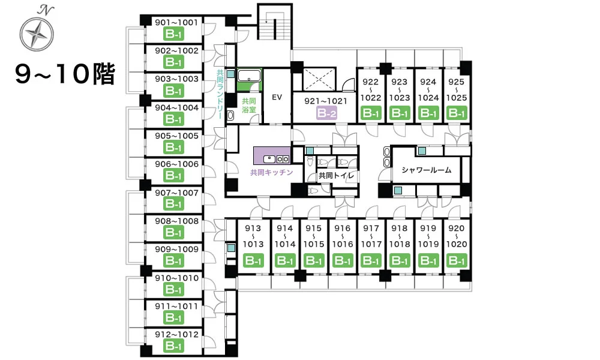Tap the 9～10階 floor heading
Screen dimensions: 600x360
coord(65,74)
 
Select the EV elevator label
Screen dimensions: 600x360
coord(277,97)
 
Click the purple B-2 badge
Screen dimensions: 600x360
coord(326,113)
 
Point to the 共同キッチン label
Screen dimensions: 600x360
coord(271,173)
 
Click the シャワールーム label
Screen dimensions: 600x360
coord(426,170)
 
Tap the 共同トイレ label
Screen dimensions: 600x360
coord(337,176)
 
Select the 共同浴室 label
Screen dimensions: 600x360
coord(249,106)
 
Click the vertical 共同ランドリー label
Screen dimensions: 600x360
coord(220,94)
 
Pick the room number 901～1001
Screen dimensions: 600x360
coord(176,23)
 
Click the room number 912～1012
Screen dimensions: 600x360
coord(176,334)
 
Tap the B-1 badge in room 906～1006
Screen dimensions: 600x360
coord(174,176)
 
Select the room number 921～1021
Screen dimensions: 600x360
coord(326,101)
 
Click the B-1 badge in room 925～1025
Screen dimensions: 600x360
coord(457,113)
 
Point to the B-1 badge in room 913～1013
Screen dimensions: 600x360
coord(253,260)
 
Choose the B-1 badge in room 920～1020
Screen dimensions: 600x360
coord(457,260)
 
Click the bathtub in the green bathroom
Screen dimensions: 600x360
coord(249,76)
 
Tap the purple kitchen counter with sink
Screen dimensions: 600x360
coord(272,156)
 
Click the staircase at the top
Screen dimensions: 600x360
coord(274,26)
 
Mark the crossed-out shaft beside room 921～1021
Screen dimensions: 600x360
coord(319,80)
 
